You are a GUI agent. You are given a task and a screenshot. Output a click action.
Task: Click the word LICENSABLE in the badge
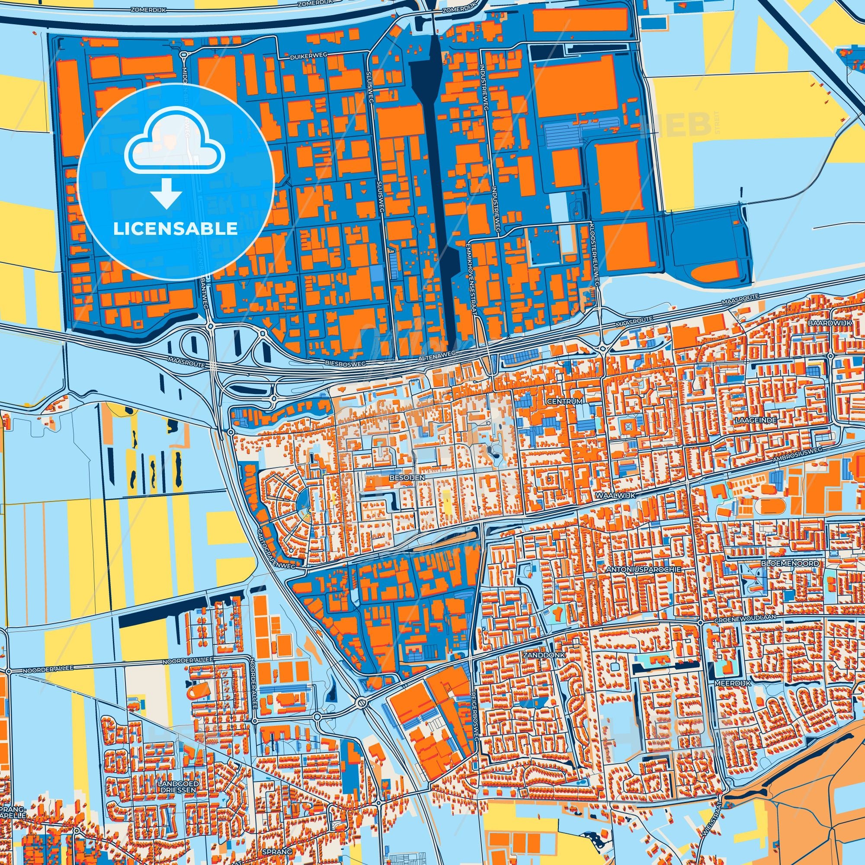click(175, 229)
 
